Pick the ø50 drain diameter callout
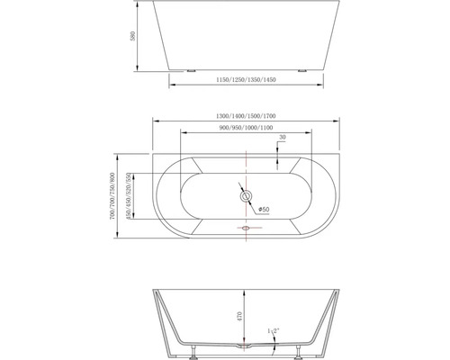pos(264,210)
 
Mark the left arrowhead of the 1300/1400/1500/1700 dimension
pos(153,122)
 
